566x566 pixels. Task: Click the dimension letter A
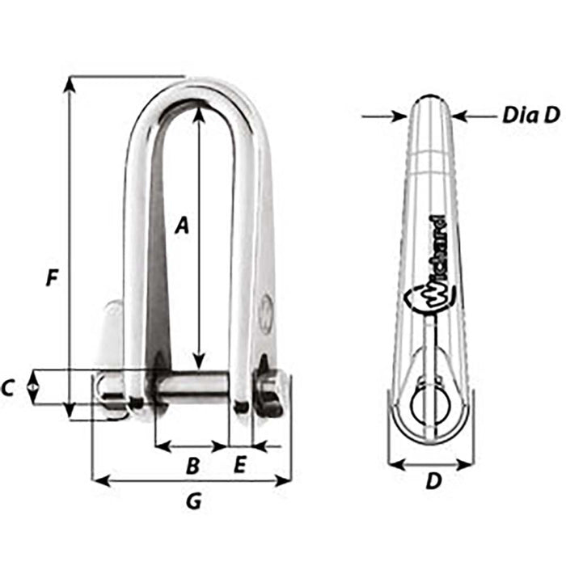(x=183, y=227)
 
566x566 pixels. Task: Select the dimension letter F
(x=52, y=279)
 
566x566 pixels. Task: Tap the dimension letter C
(x=8, y=389)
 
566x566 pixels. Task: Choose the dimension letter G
(x=193, y=501)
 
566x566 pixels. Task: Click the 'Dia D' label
(x=530, y=116)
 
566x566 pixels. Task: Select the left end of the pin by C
(x=109, y=388)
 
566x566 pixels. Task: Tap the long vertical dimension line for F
(x=71, y=243)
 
